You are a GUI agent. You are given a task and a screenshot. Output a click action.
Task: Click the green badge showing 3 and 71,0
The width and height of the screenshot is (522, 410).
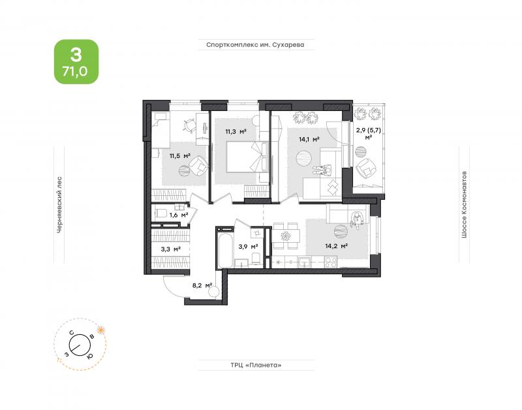76,61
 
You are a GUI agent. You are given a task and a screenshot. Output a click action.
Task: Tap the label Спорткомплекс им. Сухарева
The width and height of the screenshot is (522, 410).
255,44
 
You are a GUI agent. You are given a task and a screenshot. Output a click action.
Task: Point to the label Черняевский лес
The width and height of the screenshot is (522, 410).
59,204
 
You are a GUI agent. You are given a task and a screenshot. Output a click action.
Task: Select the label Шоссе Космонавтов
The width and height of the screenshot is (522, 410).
464,205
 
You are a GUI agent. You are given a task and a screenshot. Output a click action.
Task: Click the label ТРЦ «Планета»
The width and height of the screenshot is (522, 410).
256,365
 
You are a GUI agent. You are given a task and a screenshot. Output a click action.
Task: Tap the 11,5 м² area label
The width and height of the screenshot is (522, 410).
180,155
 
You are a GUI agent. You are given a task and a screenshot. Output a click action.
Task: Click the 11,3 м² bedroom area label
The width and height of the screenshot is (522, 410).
236,132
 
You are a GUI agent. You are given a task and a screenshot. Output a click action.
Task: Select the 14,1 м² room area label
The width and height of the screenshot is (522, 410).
309,140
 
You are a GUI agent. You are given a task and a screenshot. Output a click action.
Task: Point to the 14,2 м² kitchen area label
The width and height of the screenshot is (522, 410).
337,247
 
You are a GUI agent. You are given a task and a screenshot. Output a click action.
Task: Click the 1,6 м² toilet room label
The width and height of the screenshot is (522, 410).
179,215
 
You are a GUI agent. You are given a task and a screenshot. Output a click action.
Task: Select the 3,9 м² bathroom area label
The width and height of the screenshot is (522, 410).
249,247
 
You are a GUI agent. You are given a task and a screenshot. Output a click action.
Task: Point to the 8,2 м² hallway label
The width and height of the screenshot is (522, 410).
202,285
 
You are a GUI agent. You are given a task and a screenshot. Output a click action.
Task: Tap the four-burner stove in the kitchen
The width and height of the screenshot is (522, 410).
331,262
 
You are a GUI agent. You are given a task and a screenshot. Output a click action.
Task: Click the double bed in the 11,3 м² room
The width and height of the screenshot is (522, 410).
247,157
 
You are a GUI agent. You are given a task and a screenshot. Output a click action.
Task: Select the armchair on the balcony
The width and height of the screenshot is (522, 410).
367,168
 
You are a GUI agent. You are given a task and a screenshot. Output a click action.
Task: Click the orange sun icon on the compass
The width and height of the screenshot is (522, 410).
100,330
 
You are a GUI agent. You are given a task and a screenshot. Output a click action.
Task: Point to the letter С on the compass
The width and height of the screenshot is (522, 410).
71,332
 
